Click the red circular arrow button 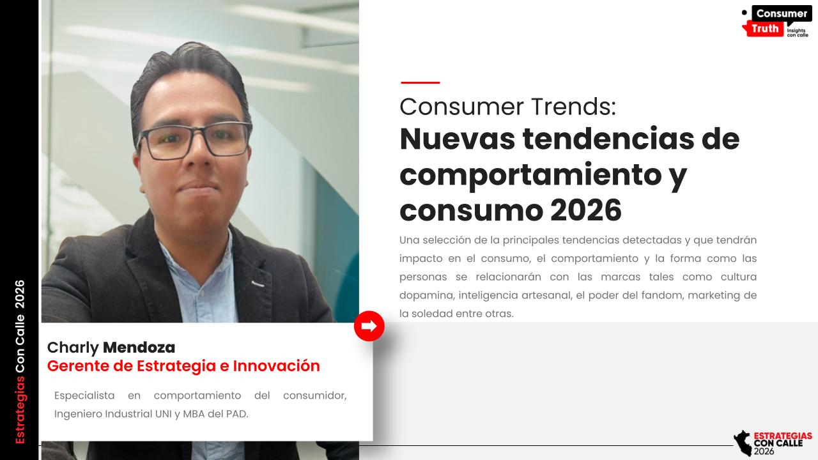click(x=369, y=326)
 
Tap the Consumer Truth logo click(x=776, y=21)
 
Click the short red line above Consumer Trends click(x=420, y=82)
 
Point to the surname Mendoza click(x=139, y=348)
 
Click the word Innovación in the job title click(x=277, y=366)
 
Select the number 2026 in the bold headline click(x=585, y=210)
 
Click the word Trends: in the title click(x=573, y=107)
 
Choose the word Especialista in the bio click(x=84, y=395)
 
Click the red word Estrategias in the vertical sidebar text click(x=20, y=410)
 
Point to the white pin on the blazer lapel click(x=258, y=284)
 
